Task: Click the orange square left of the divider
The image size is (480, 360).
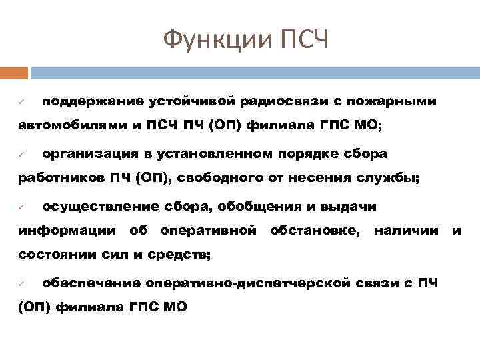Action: coord(14,73)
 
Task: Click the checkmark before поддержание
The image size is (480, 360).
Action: coord(21,102)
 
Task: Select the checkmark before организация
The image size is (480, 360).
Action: coord(21,155)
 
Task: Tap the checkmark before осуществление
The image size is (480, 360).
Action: coord(21,207)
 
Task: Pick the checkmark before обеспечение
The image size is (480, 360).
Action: coord(21,284)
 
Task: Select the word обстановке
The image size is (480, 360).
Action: coord(316,231)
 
